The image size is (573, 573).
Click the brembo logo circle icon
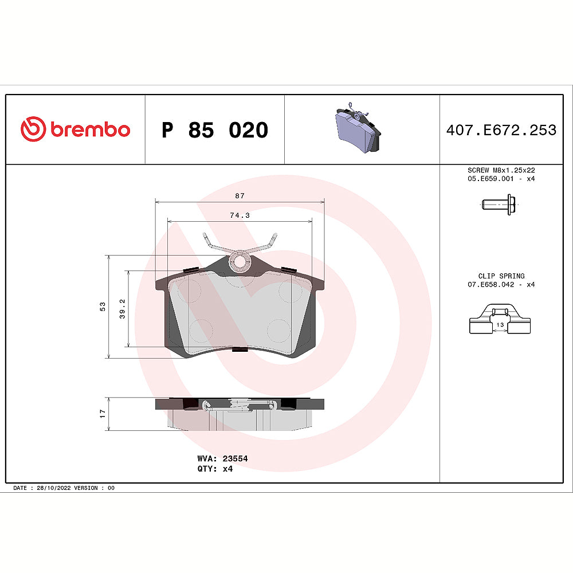[33, 129]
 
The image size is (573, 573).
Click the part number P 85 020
[215, 130]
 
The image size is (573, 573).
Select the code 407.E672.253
[501, 130]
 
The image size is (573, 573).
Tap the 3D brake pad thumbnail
[356, 129]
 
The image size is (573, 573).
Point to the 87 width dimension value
[240, 196]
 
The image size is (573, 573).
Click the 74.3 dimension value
[240, 215]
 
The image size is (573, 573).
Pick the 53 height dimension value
[103, 307]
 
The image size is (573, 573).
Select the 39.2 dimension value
[122, 309]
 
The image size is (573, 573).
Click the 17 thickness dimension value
[103, 413]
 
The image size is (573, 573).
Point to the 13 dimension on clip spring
[500, 325]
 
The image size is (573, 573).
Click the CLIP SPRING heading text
[501, 276]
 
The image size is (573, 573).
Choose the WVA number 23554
[235, 458]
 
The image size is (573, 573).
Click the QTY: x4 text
[214, 468]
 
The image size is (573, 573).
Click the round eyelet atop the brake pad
[240, 262]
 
